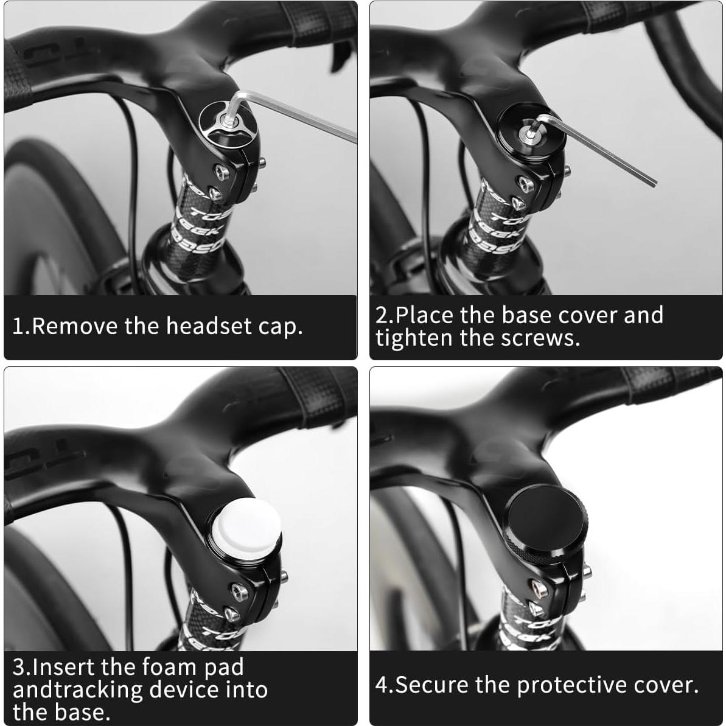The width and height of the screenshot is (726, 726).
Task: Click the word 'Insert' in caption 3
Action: [x=64, y=667]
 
